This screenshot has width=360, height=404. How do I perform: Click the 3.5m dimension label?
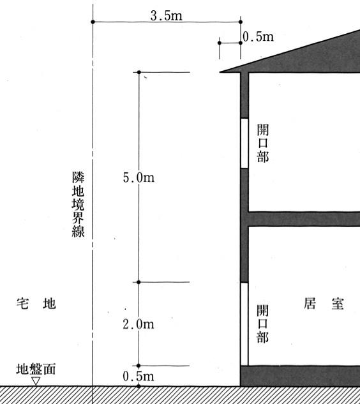[166, 16]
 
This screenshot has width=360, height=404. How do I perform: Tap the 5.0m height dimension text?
[139, 177]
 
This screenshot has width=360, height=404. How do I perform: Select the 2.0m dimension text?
[139, 324]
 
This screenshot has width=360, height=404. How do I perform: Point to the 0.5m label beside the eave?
[259, 37]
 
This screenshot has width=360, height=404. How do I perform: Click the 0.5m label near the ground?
[139, 376]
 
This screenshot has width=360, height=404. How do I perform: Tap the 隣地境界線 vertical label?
[78, 204]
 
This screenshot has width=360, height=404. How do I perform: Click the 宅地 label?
[36, 304]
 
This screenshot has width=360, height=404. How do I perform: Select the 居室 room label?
[324, 304]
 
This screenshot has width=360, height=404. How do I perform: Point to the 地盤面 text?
[36, 369]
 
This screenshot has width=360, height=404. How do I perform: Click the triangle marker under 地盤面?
[36, 381]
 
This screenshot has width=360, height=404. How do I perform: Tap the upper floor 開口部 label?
[263, 143]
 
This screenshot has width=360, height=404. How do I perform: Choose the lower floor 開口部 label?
[262, 324]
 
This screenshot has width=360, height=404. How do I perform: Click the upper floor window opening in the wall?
[244, 143]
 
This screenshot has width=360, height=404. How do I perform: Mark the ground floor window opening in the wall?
[244, 324]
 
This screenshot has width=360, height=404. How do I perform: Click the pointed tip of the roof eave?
[220, 72]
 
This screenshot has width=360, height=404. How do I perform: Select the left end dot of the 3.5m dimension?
[93, 22]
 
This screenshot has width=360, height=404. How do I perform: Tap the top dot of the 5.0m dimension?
[139, 72]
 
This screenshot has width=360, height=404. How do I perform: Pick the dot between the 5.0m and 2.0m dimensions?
[139, 282]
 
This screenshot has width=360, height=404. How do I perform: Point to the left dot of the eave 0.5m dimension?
[220, 43]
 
